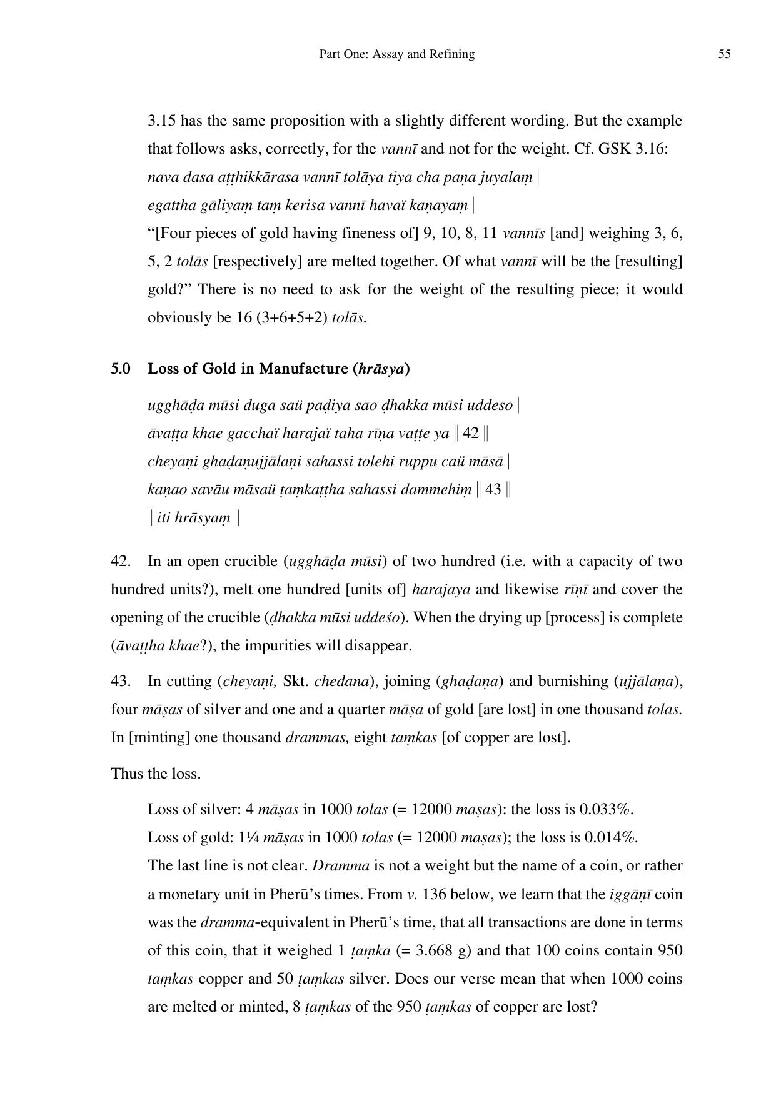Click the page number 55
pos(724,54)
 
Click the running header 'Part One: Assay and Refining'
pos(396,54)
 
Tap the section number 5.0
pos(121,369)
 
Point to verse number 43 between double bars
pos(493,489)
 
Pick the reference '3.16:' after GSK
pos(652,149)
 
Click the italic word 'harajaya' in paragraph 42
pos(441,589)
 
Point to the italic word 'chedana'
pos(341,681)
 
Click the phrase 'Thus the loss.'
pos(156,774)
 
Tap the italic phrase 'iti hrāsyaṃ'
pos(194,517)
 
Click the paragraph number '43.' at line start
pos(121,681)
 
